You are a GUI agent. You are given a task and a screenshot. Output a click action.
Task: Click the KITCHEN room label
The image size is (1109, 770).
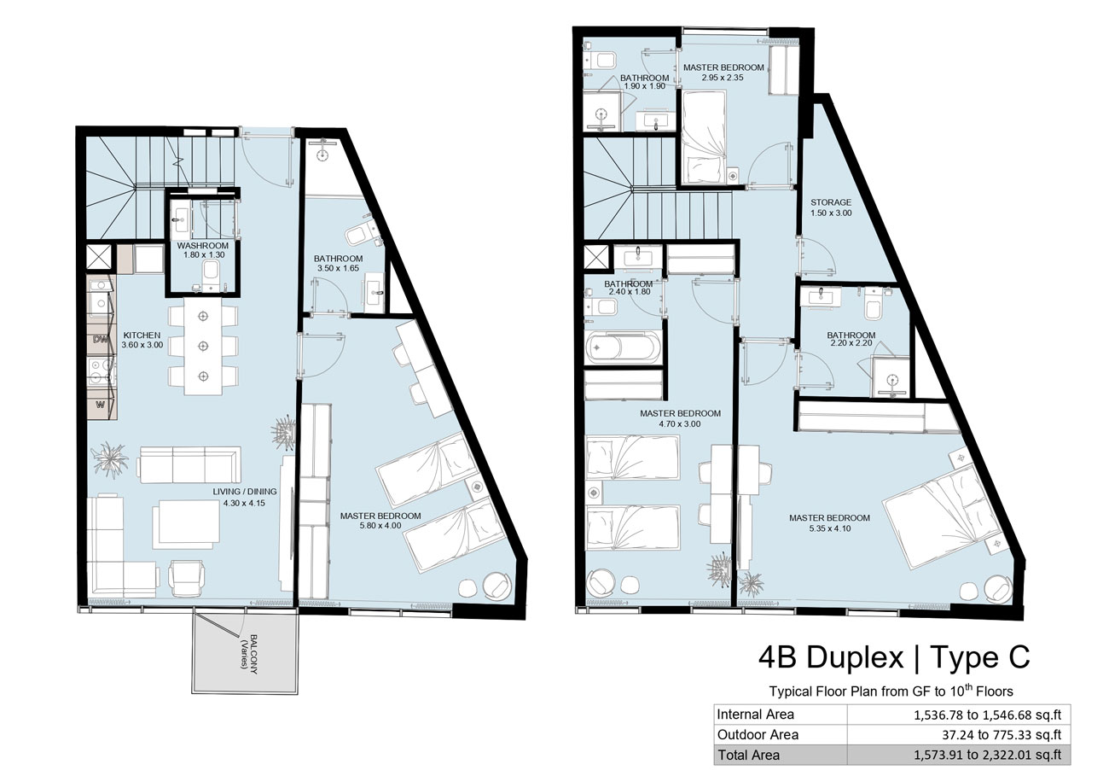coord(142,335)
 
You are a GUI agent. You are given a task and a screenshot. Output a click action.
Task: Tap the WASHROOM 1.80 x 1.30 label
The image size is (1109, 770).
coord(203,250)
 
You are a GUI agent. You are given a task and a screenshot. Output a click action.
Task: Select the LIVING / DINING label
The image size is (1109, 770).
coord(245,492)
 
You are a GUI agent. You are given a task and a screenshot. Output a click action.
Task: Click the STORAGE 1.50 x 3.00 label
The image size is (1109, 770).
coord(831,207)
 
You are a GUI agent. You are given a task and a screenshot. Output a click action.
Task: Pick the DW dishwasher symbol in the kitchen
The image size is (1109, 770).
coord(101,340)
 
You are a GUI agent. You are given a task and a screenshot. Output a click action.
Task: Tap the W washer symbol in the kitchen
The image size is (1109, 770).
coord(101,405)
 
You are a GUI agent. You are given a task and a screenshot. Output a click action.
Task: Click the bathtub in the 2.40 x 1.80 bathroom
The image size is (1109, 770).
coord(623,347)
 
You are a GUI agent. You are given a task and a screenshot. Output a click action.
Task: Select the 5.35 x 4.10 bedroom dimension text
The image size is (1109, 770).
coord(830,528)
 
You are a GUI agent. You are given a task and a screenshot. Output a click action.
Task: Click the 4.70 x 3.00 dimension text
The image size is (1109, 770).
coord(680,424)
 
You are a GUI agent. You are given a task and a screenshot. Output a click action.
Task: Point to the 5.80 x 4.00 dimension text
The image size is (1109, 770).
coord(380,526)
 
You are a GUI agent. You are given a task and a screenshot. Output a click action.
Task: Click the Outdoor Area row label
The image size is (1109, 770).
coord(758,735)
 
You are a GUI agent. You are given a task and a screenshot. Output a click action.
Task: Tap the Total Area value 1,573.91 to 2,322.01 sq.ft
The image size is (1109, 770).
coord(987,755)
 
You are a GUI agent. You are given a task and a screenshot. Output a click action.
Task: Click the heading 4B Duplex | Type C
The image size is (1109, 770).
coord(894,657)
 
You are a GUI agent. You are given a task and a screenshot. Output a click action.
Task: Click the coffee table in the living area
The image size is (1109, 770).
coord(186,524)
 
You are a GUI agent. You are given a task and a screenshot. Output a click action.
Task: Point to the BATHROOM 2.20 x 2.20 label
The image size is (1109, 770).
coord(851,339)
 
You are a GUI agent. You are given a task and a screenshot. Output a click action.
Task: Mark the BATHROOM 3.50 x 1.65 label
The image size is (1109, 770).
coord(338,263)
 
